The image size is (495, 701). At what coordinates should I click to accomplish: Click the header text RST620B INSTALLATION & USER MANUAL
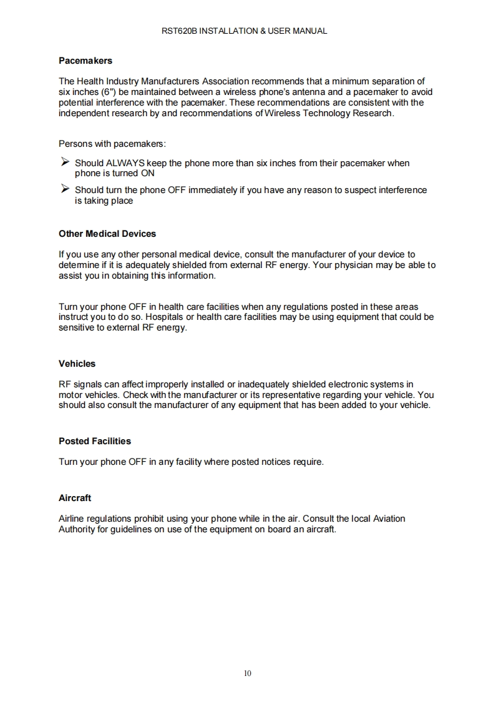pyautogui.click(x=247, y=31)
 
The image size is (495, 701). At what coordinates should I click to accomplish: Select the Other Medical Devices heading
pyautogui.click(x=107, y=234)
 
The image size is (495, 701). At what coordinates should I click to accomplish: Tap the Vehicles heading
pyautogui.click(x=77, y=364)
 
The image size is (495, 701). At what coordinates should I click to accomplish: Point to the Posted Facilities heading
pyautogui.click(x=95, y=441)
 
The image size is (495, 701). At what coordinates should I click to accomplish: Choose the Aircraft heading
pyautogui.click(x=75, y=498)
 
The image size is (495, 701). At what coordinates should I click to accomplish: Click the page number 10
pyautogui.click(x=247, y=673)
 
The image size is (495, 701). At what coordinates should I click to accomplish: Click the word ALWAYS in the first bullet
pyautogui.click(x=125, y=163)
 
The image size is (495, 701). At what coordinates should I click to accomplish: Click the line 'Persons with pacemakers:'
pyautogui.click(x=112, y=143)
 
